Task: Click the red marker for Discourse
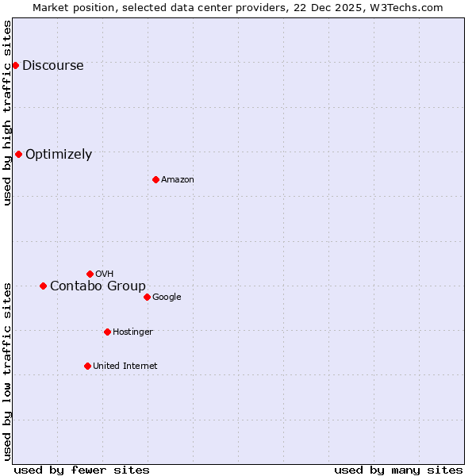click(15, 65)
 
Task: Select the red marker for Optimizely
click(18, 154)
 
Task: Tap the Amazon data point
click(155, 179)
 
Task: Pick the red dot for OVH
click(90, 274)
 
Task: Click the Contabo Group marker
click(43, 286)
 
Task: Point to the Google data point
click(147, 297)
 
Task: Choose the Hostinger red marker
click(107, 332)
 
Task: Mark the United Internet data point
click(87, 366)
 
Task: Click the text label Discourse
click(52, 66)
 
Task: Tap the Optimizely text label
click(59, 155)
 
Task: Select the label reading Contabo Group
click(98, 286)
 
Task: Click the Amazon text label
click(178, 180)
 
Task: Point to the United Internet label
click(125, 367)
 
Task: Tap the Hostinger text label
click(132, 332)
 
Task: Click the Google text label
click(167, 297)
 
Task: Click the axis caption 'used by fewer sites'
click(82, 470)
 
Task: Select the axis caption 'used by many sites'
click(398, 470)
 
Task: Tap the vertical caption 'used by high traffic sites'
click(7, 113)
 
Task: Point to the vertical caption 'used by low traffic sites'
click(7, 370)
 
